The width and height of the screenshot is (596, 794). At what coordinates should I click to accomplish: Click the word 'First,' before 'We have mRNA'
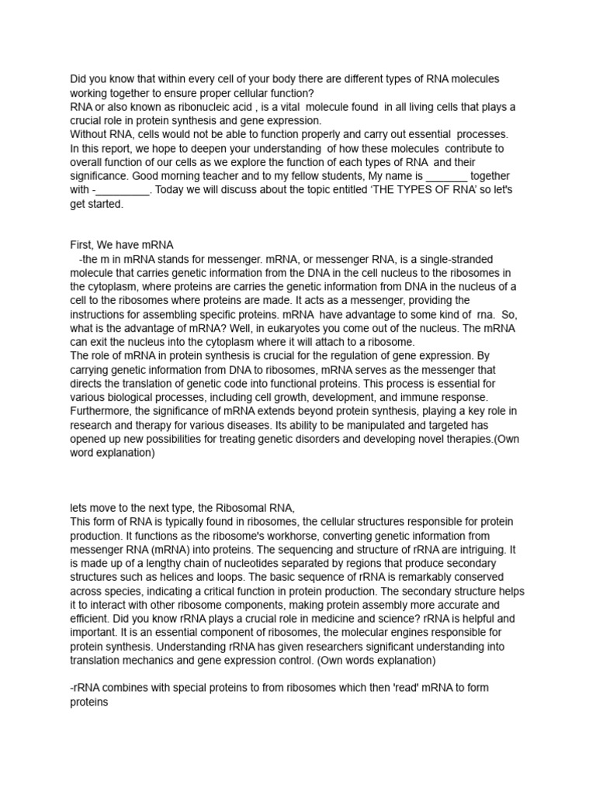(x=85, y=244)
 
